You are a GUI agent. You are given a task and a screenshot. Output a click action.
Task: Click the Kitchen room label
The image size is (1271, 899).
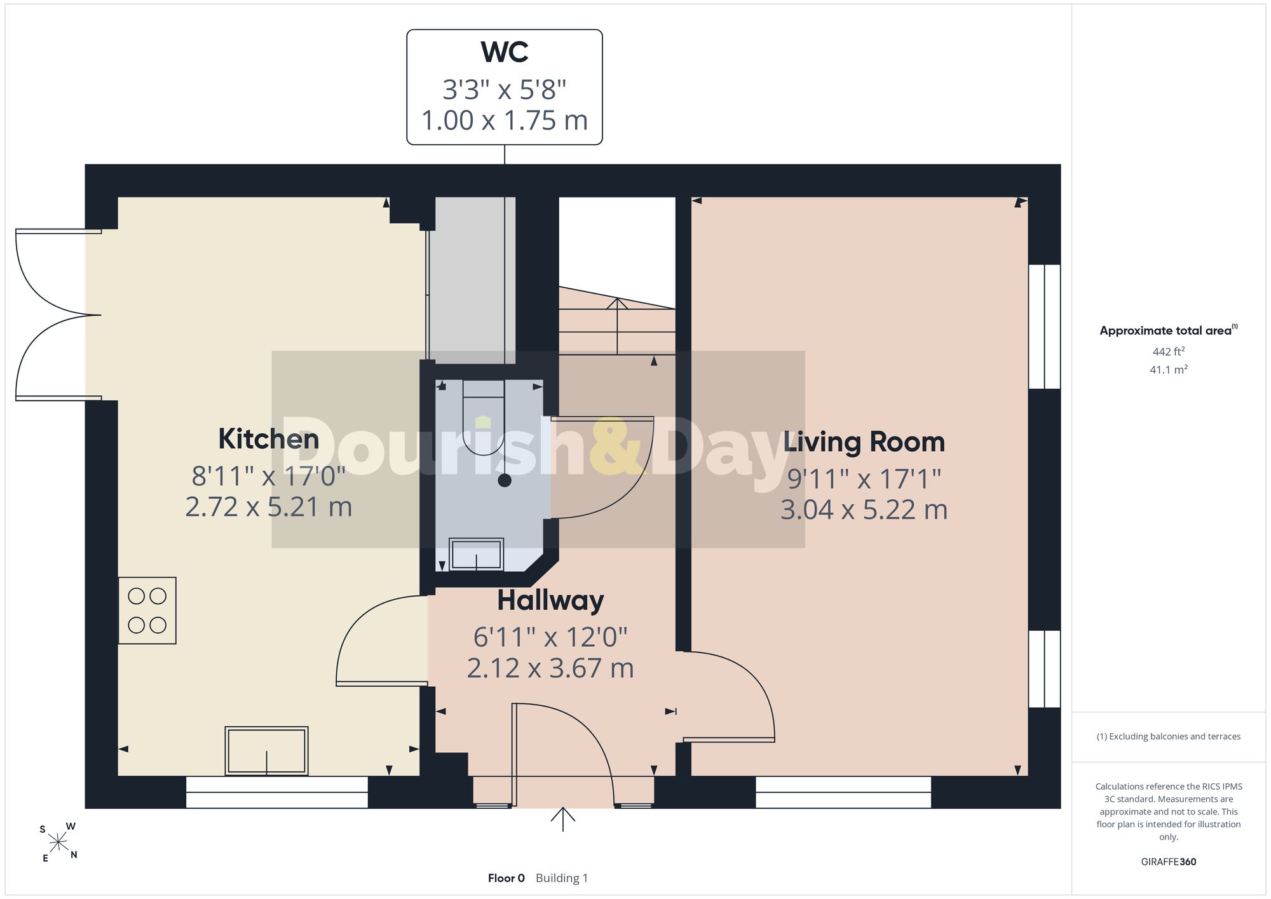click(268, 439)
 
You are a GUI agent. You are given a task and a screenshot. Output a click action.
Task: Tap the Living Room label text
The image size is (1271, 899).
click(864, 442)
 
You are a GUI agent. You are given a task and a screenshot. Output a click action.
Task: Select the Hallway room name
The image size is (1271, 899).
click(550, 600)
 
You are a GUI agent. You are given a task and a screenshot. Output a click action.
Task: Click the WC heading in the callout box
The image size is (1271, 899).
click(505, 52)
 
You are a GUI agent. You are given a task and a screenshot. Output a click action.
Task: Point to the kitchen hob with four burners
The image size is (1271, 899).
click(147, 611)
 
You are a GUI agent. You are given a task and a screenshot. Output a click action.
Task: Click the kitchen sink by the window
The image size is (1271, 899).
click(266, 751)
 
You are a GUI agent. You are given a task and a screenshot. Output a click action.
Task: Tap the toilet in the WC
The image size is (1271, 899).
click(484, 417)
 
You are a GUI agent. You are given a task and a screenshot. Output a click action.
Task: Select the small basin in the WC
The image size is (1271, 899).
click(476, 554)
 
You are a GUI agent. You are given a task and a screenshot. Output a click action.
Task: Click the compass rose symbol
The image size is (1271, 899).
click(58, 842)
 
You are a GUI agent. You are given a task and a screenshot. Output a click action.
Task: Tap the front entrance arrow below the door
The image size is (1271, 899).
click(562, 819)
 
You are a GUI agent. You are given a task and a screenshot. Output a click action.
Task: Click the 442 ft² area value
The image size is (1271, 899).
click(1168, 351)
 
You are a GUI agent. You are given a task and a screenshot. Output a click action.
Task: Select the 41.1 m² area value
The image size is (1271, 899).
click(1168, 369)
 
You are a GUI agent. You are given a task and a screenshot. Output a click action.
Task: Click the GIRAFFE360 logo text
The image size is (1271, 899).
click(1168, 862)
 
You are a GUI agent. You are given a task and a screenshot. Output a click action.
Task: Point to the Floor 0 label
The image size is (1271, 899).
click(506, 878)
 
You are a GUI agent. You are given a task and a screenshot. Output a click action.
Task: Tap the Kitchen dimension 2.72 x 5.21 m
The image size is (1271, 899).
click(268, 507)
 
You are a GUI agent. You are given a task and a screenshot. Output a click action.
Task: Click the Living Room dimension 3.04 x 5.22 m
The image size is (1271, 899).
click(864, 510)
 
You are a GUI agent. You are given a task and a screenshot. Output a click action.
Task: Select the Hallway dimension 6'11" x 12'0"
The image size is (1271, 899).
click(550, 637)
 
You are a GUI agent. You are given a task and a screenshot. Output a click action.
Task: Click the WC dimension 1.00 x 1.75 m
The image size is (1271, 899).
click(505, 121)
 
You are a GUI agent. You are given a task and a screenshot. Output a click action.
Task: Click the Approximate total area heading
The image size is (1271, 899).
click(1168, 330)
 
